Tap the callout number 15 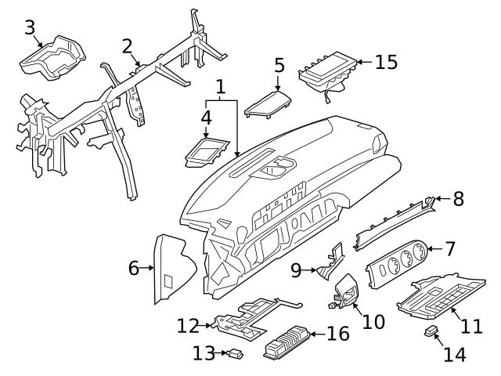coord(386,62)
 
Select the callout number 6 coord(134,269)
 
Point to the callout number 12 coord(188,324)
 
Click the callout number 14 coord(454,354)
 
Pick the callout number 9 coord(297,270)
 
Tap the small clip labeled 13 coord(234,355)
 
